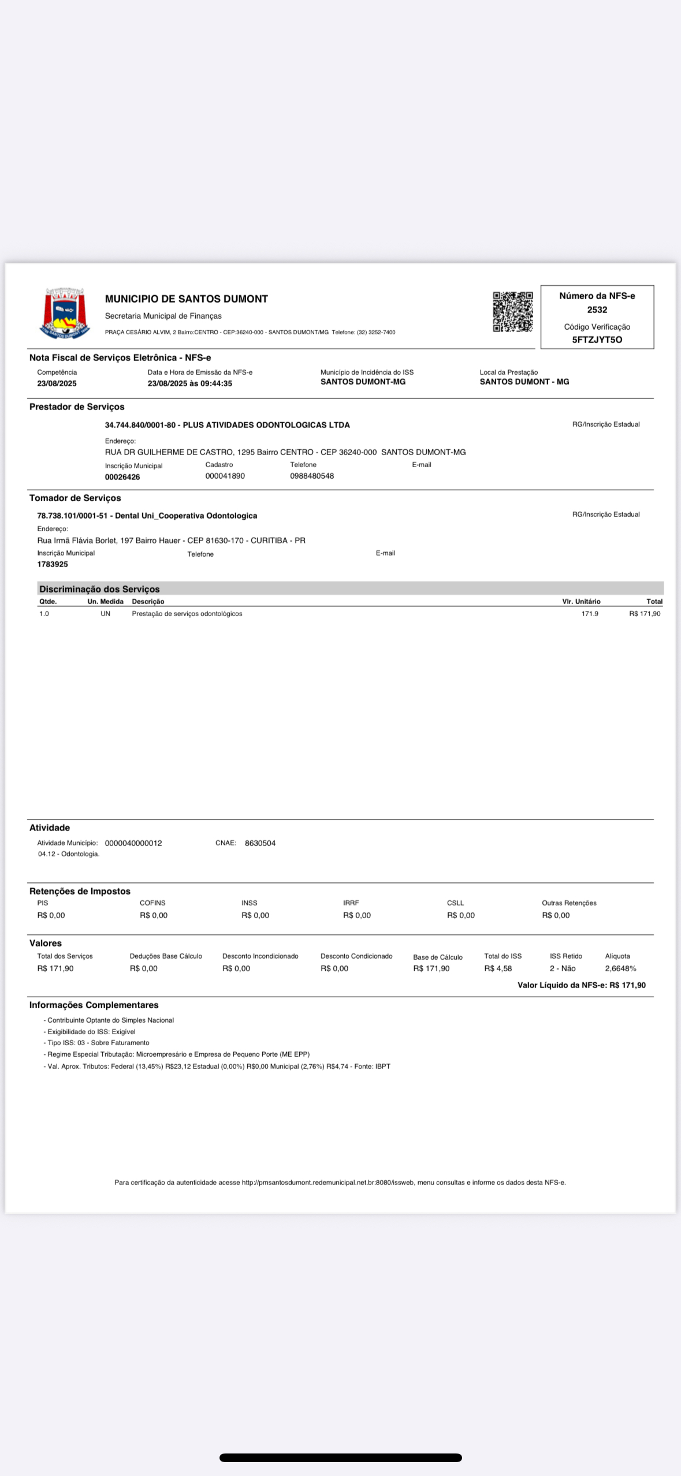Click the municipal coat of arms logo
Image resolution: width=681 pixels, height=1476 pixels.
[65, 313]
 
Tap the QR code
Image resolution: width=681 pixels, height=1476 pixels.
[512, 312]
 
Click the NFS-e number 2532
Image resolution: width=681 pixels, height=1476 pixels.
[597, 310]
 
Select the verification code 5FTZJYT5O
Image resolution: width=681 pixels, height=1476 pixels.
[597, 340]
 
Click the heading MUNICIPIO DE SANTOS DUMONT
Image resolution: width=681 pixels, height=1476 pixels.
[186, 299]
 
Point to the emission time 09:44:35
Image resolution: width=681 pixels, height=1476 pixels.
[216, 383]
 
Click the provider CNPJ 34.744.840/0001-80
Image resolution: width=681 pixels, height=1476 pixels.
[140, 425]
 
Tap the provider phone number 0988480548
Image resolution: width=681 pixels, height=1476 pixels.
[312, 476]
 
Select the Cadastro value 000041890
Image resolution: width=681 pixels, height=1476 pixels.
[225, 476]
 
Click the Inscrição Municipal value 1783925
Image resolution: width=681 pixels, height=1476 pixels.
[53, 564]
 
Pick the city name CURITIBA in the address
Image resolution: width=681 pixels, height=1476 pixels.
[269, 541]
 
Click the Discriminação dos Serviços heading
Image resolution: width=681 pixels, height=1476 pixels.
[99, 589]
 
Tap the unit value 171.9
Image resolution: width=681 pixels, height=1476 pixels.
[590, 614]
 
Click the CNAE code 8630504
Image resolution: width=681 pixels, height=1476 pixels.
[260, 843]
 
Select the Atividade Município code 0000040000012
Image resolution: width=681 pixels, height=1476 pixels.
[133, 843]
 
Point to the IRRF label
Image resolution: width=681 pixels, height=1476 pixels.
[351, 903]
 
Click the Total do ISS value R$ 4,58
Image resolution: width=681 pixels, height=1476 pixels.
[498, 968]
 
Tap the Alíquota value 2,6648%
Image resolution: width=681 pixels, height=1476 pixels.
[620, 968]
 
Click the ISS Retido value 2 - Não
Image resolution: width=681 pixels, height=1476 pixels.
[563, 968]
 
